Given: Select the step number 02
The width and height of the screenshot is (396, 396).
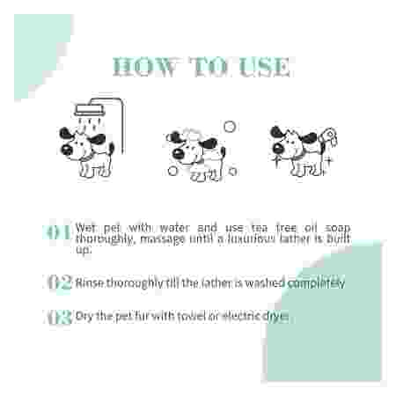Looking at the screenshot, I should (59, 283).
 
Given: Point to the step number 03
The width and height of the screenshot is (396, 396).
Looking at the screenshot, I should (59, 318).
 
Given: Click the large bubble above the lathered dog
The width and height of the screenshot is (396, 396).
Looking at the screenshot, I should (230, 126).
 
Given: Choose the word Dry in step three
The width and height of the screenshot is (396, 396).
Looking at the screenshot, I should (87, 317).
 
